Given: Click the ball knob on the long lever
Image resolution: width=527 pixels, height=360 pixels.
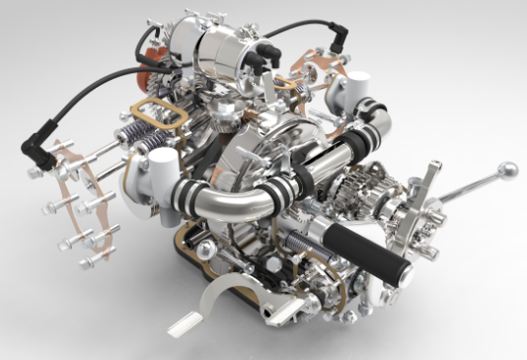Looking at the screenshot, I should pyautogui.click(x=507, y=170).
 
